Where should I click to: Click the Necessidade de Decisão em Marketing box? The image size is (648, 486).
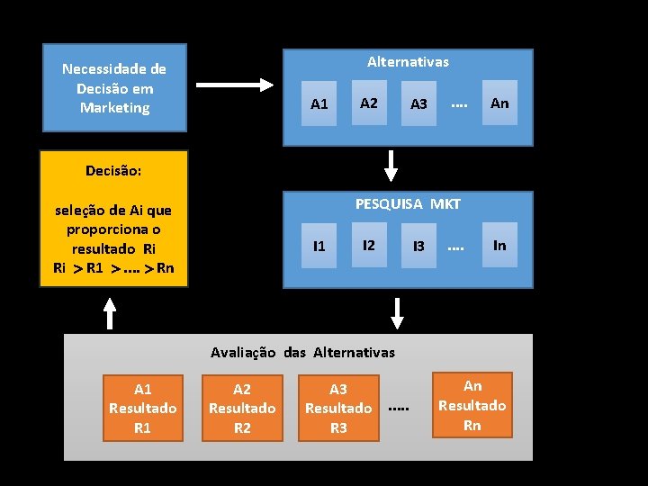pyautogui.click(x=114, y=88)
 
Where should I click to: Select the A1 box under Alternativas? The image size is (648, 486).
pyautogui.click(x=319, y=104)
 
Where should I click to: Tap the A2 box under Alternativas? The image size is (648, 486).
pyautogui.click(x=369, y=103)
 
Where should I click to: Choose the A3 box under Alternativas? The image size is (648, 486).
pyautogui.click(x=418, y=104)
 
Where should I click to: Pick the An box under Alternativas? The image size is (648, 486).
pyautogui.click(x=499, y=103)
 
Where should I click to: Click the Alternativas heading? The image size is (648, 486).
pyautogui.click(x=408, y=62)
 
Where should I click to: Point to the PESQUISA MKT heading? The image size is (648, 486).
pyautogui.click(x=408, y=204)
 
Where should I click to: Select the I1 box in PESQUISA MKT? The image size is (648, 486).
pyautogui.click(x=319, y=247)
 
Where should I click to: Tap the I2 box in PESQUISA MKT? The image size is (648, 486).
pyautogui.click(x=369, y=245)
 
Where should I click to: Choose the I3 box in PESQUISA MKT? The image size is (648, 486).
pyautogui.click(x=418, y=247)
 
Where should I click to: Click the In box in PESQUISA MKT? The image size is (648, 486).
pyautogui.click(x=499, y=245)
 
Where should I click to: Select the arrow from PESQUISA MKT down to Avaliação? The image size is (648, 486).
pyautogui.click(x=398, y=311)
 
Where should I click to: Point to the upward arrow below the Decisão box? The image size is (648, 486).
pyautogui.click(x=110, y=312)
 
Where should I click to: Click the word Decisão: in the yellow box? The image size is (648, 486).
pyautogui.click(x=113, y=169)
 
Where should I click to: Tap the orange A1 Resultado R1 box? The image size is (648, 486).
pyautogui.click(x=142, y=409)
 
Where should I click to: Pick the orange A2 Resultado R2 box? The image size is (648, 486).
pyautogui.click(x=242, y=409)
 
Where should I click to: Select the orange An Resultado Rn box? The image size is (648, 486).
pyautogui.click(x=472, y=405)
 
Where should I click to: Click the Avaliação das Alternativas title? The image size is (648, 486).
pyautogui.click(x=302, y=352)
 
